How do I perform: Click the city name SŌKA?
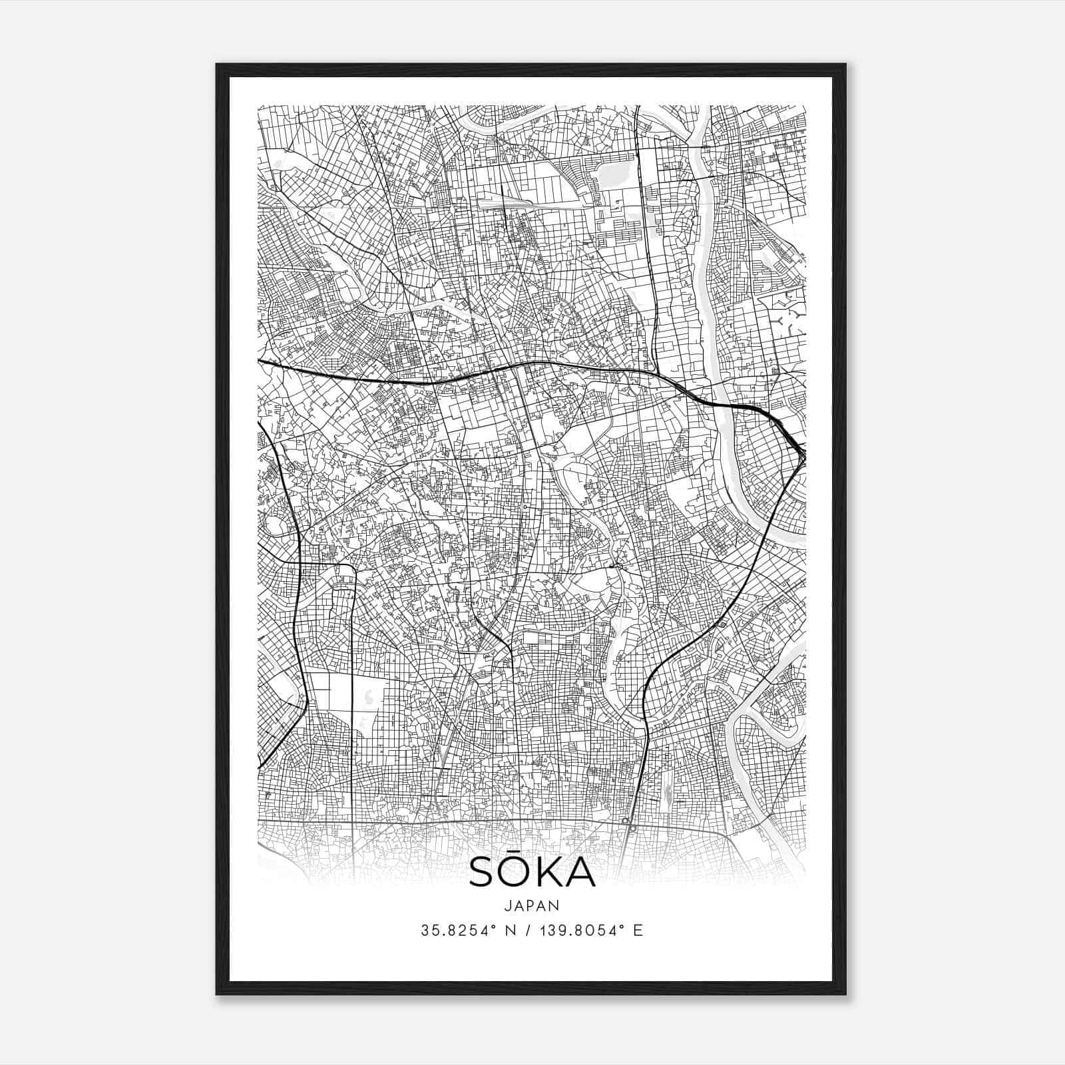pos(532,873)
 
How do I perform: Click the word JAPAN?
pos(532,905)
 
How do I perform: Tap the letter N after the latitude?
pos(512,931)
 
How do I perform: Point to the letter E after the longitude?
pos(638,931)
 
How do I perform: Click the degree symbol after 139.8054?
pos(623,927)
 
